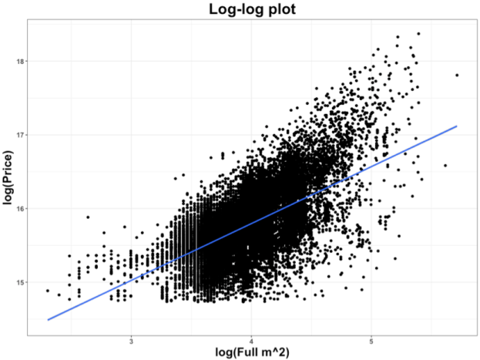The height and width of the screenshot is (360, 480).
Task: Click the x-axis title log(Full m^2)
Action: [252, 352]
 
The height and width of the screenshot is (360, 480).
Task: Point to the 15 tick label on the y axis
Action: [20, 282]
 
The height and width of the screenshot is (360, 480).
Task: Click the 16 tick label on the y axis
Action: [20, 208]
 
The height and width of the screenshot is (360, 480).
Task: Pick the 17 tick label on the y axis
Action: [20, 135]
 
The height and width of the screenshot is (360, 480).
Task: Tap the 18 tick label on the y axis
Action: [20, 61]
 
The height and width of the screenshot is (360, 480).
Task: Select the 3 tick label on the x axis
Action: [132, 341]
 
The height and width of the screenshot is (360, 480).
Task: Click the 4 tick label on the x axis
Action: [252, 341]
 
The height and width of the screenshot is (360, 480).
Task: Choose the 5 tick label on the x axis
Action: [372, 341]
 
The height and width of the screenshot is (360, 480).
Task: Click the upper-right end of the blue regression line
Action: [457, 126]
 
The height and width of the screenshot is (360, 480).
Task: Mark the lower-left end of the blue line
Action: [49, 319]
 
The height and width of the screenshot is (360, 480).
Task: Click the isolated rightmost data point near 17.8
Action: [457, 75]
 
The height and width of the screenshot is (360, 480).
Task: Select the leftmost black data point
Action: [47, 291]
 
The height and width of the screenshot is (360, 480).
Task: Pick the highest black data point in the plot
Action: [418, 34]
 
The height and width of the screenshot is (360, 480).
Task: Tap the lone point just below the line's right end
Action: [445, 165]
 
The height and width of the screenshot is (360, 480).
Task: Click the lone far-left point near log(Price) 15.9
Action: [88, 217]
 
